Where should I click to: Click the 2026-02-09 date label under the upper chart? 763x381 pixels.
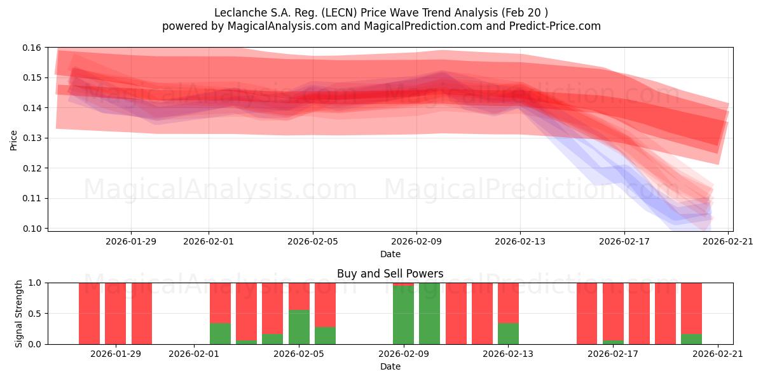pyautogui.click(x=416, y=241)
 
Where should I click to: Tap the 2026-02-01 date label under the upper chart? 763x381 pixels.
pyautogui.click(x=209, y=241)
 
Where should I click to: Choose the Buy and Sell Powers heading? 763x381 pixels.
pyautogui.click(x=390, y=274)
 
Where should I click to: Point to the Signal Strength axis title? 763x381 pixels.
pyautogui.click(x=19, y=313)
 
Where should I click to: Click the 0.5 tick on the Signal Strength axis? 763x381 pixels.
pyautogui.click(x=35, y=314)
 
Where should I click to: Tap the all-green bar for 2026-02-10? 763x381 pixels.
pyautogui.click(x=429, y=314)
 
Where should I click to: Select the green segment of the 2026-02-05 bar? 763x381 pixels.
pyautogui.click(x=299, y=327)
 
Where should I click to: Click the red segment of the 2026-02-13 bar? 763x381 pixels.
pyautogui.click(x=508, y=302)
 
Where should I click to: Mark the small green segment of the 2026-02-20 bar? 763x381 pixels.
pyautogui.click(x=691, y=339)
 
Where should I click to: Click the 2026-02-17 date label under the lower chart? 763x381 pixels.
pyautogui.click(x=613, y=354)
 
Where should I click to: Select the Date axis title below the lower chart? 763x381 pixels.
pyautogui.click(x=390, y=366)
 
